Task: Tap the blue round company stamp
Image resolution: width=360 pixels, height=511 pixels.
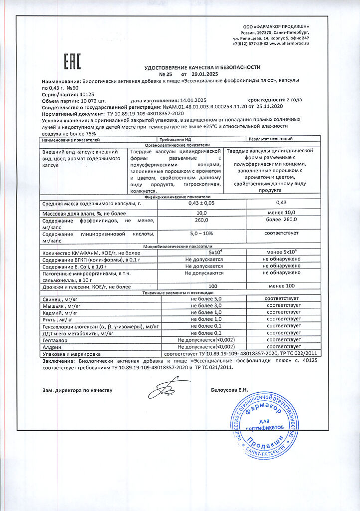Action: click(x=267, y=426)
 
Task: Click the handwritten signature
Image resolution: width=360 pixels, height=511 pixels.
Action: click(x=166, y=387)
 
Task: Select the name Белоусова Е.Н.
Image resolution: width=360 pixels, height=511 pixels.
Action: click(x=230, y=390)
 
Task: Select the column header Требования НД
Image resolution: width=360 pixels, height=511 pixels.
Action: click(x=174, y=139)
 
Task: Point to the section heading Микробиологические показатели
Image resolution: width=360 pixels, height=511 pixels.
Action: click(x=178, y=247)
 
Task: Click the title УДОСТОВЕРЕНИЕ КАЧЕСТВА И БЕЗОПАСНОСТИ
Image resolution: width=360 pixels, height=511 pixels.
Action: click(x=202, y=67)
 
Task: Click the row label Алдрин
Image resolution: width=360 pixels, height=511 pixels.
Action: click(x=52, y=346)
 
